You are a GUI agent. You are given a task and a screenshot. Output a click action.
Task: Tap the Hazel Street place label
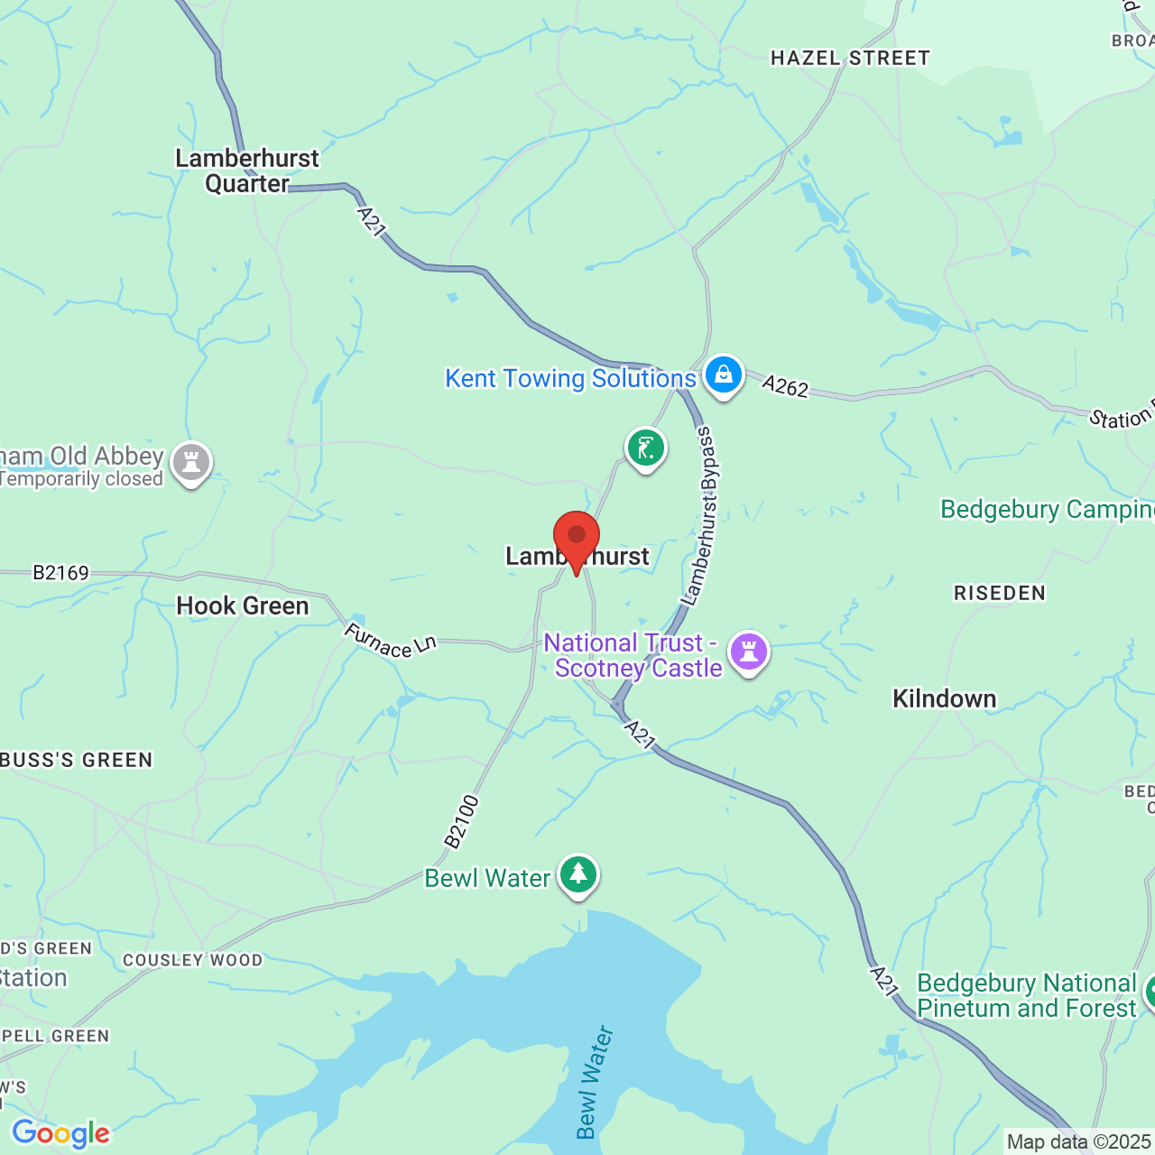849,59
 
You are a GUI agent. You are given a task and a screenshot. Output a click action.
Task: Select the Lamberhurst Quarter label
247,171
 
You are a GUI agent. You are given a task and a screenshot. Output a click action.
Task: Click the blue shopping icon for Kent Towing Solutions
723,374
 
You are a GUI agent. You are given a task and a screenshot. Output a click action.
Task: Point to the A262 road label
785,387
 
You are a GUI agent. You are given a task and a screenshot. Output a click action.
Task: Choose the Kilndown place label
944,698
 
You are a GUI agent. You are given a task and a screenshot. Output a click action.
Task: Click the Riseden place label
999,593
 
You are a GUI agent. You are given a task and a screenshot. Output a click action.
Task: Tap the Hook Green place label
242,605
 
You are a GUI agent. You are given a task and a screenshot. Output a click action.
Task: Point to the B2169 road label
61,573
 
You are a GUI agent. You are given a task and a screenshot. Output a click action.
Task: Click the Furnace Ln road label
390,641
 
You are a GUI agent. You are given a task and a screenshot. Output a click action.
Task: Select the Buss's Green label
77,760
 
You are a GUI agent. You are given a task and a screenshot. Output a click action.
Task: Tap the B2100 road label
461,821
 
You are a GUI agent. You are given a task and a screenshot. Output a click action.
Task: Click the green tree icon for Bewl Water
578,875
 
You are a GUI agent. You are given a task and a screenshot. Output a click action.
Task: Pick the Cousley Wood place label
192,960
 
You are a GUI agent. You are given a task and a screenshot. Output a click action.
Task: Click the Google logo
60,1133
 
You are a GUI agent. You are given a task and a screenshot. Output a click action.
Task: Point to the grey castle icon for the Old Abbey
191,463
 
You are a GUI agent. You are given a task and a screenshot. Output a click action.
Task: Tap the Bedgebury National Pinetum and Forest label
1026,995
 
